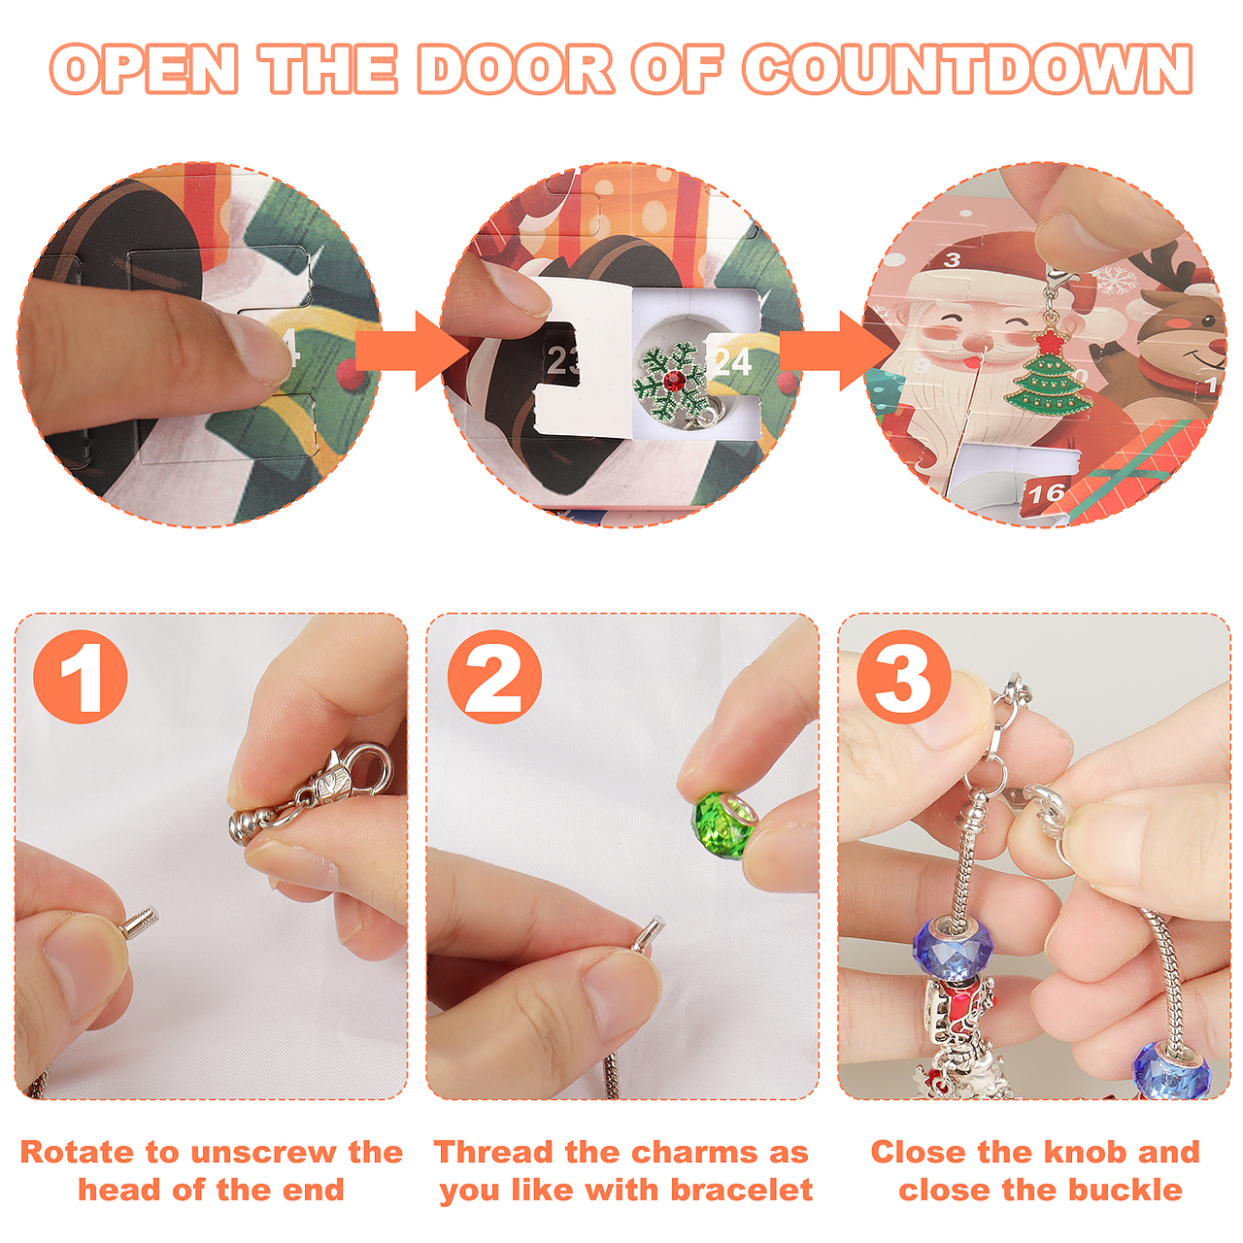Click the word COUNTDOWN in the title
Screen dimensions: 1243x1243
tap(968, 70)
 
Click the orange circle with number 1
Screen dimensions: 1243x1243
tap(80, 676)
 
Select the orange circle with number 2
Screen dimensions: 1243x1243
tap(494, 676)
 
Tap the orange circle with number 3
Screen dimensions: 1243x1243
tap(904, 676)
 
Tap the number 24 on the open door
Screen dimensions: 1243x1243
tap(732, 362)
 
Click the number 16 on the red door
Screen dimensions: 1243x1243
tap(1047, 493)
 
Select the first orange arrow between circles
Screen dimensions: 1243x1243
tap(412, 351)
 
